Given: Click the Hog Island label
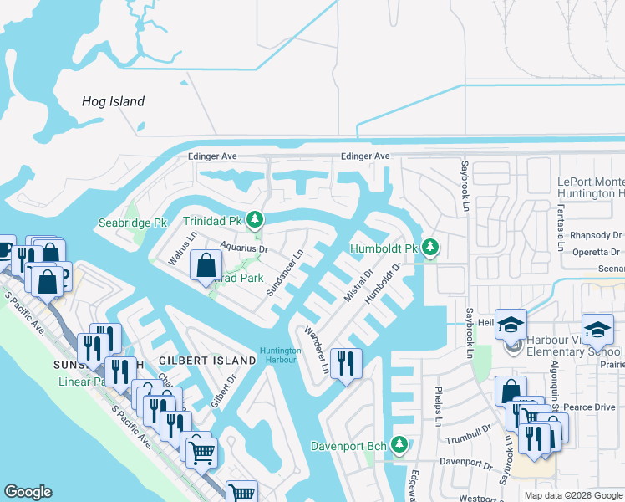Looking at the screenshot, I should [x=113, y=102].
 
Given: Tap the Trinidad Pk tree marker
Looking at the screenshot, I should [x=256, y=221].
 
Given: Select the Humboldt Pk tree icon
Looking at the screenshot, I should [x=429, y=247].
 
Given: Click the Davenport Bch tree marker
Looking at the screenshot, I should [x=399, y=444].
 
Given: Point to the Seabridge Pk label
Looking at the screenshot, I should [x=133, y=223].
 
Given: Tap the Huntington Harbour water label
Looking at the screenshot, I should [x=280, y=355].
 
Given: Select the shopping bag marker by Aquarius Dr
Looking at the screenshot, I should [x=206, y=267].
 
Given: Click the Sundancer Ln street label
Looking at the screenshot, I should [x=284, y=272].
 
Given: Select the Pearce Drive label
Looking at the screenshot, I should [x=590, y=407].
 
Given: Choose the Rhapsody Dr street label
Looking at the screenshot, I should [x=595, y=236].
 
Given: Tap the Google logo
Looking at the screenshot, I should [x=28, y=492].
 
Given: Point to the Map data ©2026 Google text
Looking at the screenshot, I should [x=572, y=495].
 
